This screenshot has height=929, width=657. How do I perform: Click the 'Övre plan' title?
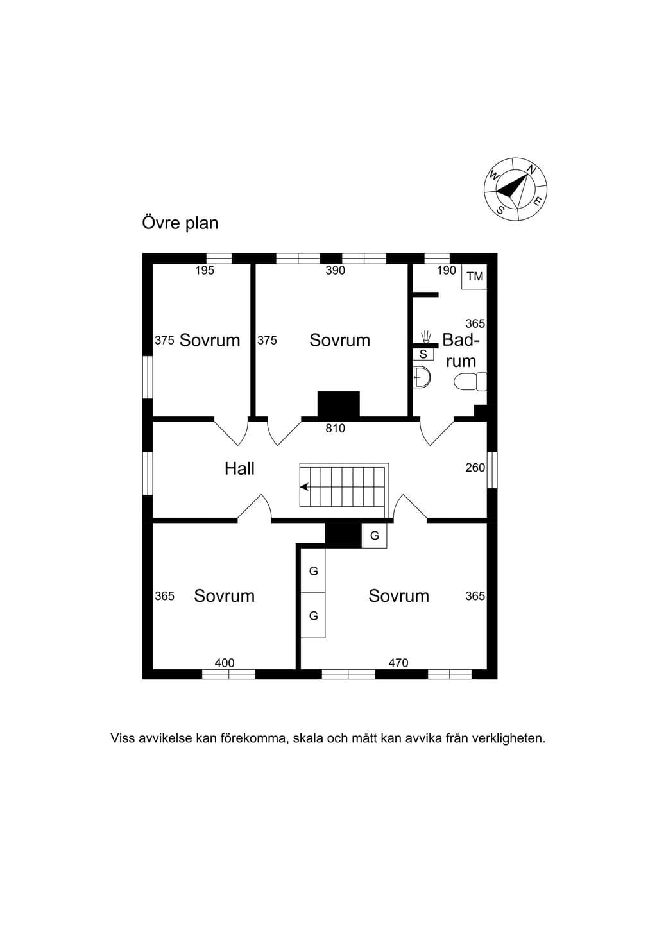pos(180,223)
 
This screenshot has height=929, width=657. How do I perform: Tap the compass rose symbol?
pos(516,189)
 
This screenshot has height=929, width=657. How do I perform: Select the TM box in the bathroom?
pos(475,277)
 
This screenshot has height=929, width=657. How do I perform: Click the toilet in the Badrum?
pos(470,382)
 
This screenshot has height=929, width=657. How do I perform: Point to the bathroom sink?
pos(422,377)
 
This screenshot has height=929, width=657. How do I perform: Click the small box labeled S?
pos(423,354)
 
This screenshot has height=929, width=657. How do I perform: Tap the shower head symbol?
pos(425,337)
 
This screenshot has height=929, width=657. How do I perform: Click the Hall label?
pos(239,468)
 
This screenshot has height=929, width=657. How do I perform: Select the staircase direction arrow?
pos(305,486)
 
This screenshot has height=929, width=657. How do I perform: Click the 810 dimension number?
pos(335,428)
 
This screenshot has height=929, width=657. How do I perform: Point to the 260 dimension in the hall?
pos(475,468)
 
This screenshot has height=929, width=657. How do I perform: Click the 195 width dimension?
pos(205,270)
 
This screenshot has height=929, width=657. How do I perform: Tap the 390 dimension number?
pos(335,270)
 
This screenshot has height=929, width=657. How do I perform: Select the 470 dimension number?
pos(398,663)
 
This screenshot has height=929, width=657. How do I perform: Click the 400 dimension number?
pos(225,663)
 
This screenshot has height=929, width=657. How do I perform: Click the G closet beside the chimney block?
pos(374,536)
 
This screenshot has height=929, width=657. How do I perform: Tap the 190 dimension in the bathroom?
pos(447,270)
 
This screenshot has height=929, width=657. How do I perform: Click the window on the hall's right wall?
pos(492,470)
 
